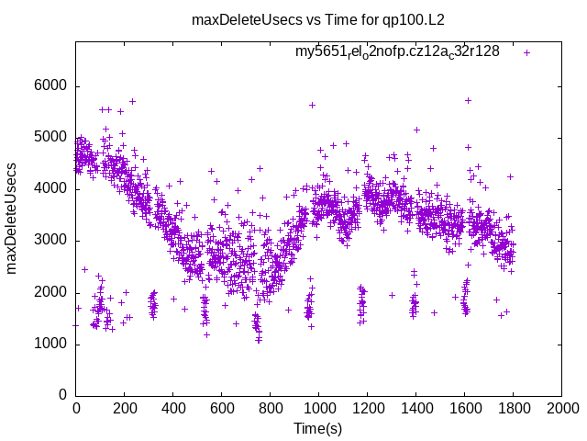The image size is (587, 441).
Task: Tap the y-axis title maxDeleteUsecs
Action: (x=13, y=218)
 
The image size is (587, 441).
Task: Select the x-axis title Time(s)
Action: (x=318, y=428)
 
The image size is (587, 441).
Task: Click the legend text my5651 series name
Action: (x=397, y=51)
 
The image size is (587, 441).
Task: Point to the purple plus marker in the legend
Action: (x=526, y=52)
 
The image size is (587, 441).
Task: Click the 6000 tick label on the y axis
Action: (x=50, y=86)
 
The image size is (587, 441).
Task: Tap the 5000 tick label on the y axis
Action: (x=50, y=138)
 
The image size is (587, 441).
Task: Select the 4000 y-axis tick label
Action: (x=50, y=189)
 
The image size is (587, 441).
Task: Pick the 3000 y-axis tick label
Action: (x=50, y=241)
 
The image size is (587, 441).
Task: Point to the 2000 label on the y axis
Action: (x=50, y=292)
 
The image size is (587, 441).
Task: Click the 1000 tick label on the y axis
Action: (x=50, y=345)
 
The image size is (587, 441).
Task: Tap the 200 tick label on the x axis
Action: (x=125, y=408)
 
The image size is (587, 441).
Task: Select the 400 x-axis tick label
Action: (x=173, y=408)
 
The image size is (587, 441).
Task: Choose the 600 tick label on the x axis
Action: (x=222, y=408)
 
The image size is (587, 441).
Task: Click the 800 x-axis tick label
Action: (x=271, y=408)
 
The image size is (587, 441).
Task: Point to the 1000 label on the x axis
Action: (x=319, y=408)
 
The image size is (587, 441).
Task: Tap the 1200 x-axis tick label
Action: (x=368, y=408)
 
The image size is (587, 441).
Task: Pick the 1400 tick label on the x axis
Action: (x=416, y=408)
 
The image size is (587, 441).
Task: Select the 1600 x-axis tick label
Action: (x=465, y=408)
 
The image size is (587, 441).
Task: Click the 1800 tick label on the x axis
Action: (x=514, y=408)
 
